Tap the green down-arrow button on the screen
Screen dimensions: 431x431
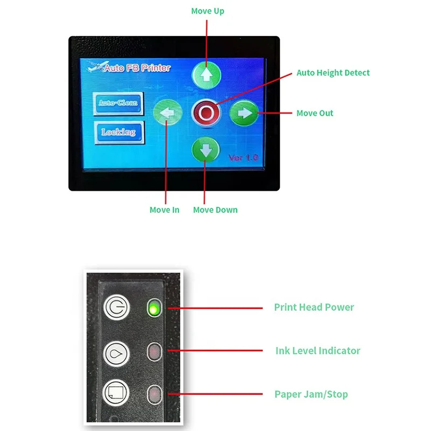(x=205, y=150)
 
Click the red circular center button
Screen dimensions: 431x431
(x=205, y=113)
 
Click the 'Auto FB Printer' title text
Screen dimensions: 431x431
(x=137, y=68)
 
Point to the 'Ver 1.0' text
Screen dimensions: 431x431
(x=243, y=158)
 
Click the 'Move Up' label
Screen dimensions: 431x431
(x=207, y=11)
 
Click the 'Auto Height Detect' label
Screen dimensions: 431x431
(x=333, y=73)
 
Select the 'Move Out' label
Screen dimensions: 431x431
(x=315, y=113)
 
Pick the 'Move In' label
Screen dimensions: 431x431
(x=164, y=210)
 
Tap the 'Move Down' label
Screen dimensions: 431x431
(x=215, y=210)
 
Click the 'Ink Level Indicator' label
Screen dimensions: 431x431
(x=317, y=351)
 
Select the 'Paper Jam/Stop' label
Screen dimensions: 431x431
(x=311, y=394)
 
